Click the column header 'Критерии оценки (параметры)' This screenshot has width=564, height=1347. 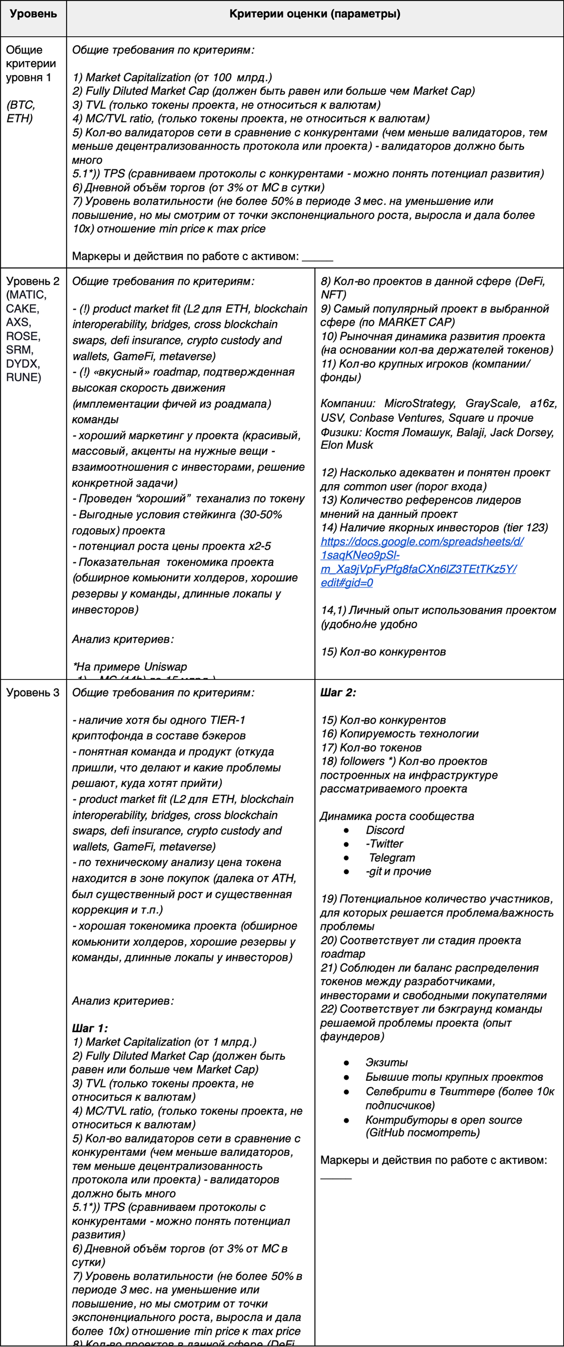(x=315, y=14)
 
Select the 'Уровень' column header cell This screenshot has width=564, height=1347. (x=33, y=14)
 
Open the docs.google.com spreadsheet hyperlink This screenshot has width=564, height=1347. (x=418, y=562)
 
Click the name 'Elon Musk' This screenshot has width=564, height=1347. (x=347, y=445)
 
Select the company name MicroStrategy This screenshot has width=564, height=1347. (x=420, y=404)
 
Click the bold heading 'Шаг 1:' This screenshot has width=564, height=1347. (x=90, y=1028)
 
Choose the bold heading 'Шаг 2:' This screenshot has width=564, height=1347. (x=338, y=692)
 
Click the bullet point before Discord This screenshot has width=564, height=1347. (x=346, y=830)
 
